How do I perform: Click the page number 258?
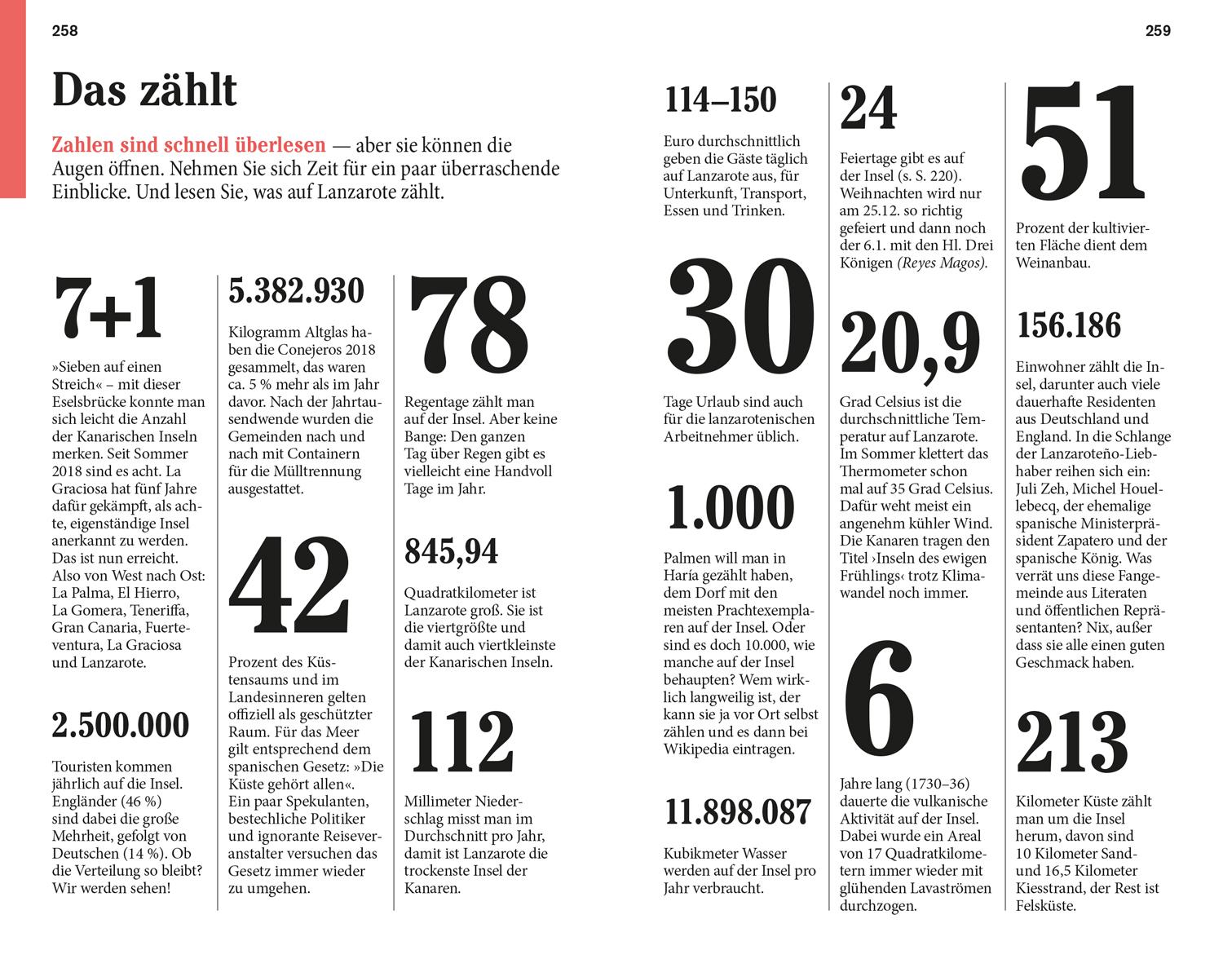pyautogui.click(x=64, y=31)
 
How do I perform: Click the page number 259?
pyautogui.click(x=1158, y=31)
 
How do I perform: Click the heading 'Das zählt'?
pyautogui.click(x=144, y=90)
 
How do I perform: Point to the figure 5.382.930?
pyautogui.click(x=296, y=291)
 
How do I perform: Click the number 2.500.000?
pyautogui.click(x=121, y=725)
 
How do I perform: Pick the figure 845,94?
pyautogui.click(x=451, y=551)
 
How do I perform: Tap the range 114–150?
pyautogui.click(x=721, y=100)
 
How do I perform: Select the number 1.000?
pyautogui.click(x=731, y=508)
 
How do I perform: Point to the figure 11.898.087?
pyautogui.click(x=738, y=812)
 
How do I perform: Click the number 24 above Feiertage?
pyautogui.click(x=868, y=109)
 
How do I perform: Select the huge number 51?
pyautogui.click(x=1084, y=144)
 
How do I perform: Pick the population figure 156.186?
pyautogui.click(x=1069, y=326)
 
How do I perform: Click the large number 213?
pyautogui.click(x=1072, y=742)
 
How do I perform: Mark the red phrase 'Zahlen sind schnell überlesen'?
pyautogui.click(x=188, y=146)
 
